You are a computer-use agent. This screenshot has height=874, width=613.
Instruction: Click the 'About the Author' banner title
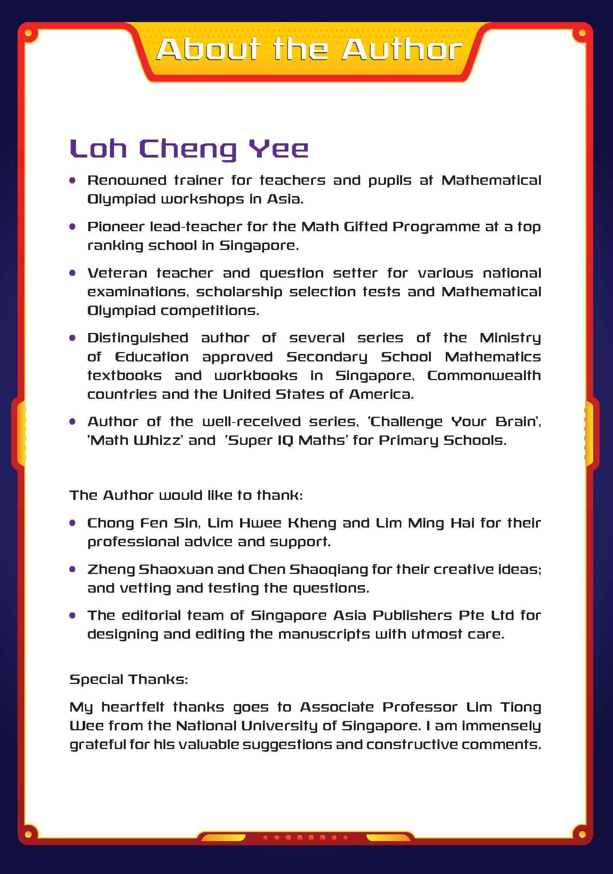pyautogui.click(x=309, y=50)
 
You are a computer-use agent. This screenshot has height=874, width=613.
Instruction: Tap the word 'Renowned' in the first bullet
pyautogui.click(x=127, y=180)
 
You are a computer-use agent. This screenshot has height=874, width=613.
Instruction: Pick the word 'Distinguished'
pyautogui.click(x=138, y=338)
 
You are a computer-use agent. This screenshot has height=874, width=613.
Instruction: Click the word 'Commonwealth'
pyautogui.click(x=484, y=376)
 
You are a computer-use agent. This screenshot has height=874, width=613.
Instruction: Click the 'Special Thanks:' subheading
pyautogui.click(x=129, y=679)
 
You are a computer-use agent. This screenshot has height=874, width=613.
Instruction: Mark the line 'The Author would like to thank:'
pyautogui.click(x=186, y=495)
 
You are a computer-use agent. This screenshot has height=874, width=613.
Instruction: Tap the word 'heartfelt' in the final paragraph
pyautogui.click(x=132, y=707)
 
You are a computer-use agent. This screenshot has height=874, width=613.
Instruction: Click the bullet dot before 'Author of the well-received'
pyautogui.click(x=73, y=422)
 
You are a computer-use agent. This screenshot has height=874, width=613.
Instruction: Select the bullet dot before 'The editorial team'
pyautogui.click(x=73, y=615)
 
